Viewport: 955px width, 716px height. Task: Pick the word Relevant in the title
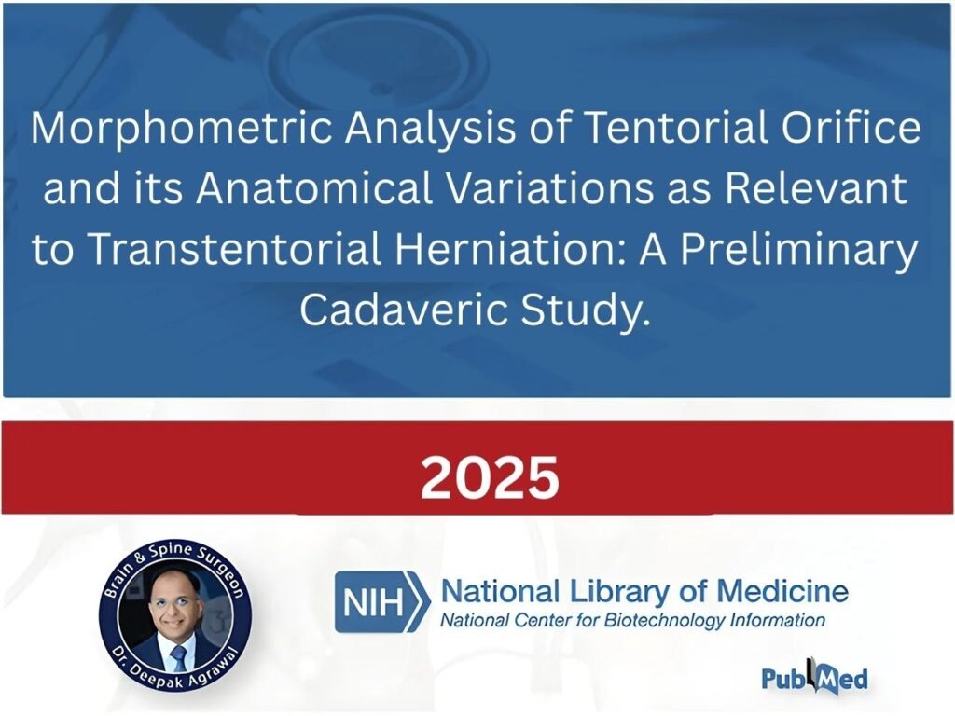coord(816,187)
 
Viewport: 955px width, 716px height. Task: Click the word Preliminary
coord(799,251)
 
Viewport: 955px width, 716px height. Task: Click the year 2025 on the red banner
coord(490,478)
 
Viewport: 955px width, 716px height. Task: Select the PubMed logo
coord(814,677)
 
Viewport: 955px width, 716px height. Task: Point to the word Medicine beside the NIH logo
coord(782,590)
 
